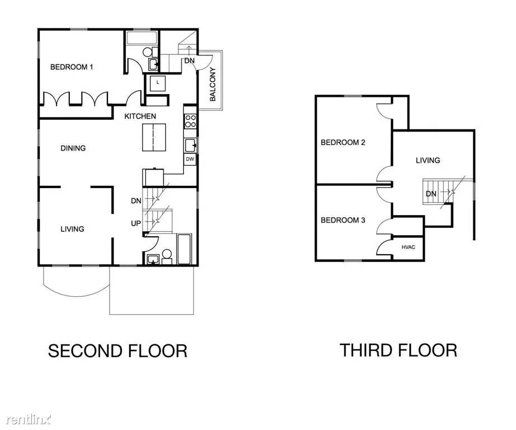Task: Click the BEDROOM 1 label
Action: click(x=72, y=67)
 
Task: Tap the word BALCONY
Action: click(x=212, y=84)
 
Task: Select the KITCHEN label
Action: click(x=140, y=116)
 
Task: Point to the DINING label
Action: click(x=73, y=148)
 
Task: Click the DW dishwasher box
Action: click(x=190, y=159)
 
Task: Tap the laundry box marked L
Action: click(x=158, y=83)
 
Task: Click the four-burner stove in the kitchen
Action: click(x=190, y=121)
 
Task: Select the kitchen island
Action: click(x=154, y=137)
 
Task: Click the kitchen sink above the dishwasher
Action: click(x=190, y=146)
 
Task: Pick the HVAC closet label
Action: click(x=409, y=247)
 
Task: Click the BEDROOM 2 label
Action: click(x=343, y=143)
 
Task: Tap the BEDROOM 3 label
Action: click(x=343, y=220)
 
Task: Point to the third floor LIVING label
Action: click(x=428, y=161)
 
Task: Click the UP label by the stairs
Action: click(x=136, y=223)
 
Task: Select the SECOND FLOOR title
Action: click(x=117, y=350)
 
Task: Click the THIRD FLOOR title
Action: click(x=398, y=350)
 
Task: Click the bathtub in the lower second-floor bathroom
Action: click(x=184, y=249)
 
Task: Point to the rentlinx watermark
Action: click(x=29, y=419)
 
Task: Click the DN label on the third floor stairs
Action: click(x=431, y=194)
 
